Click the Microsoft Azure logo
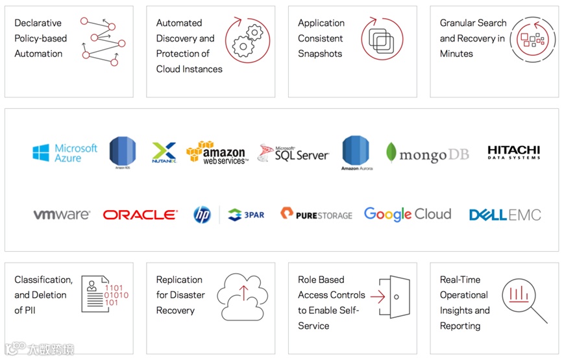click(65, 153)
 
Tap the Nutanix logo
click(164, 152)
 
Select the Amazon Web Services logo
click(217, 153)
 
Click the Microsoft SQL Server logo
click(293, 153)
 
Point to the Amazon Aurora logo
click(355, 153)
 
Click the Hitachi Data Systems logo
click(513, 152)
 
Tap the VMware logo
click(62, 215)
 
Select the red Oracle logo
click(140, 215)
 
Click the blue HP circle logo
click(202, 215)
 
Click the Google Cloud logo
click(407, 214)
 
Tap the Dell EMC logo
click(504, 215)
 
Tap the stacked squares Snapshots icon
click(382, 39)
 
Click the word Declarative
click(38, 23)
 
